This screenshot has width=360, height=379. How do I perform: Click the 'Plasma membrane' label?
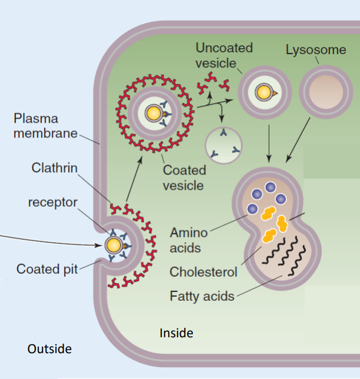click(x=46, y=126)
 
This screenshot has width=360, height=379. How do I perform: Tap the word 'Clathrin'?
click(x=54, y=169)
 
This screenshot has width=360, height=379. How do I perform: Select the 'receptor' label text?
click(x=52, y=202)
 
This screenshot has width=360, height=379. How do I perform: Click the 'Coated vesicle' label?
click(x=184, y=178)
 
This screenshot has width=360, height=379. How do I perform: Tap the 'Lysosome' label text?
click(x=316, y=50)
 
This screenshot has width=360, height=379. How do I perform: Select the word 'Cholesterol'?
click(x=204, y=272)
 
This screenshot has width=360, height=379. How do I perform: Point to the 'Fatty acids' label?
click(x=202, y=296)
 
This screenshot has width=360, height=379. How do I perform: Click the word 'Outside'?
click(x=49, y=349)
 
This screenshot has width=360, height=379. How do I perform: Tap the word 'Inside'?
click(x=176, y=333)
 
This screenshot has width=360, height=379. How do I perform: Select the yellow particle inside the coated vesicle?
click(x=152, y=113)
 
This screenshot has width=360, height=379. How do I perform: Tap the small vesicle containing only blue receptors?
click(x=224, y=144)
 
